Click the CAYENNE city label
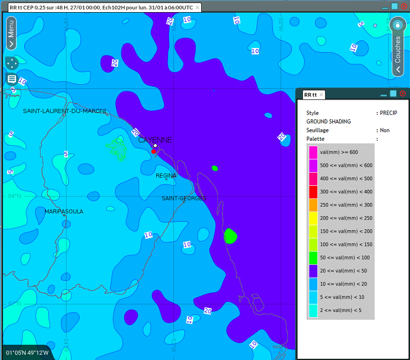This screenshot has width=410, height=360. point(155,140)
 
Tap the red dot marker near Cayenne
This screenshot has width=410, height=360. point(154,151)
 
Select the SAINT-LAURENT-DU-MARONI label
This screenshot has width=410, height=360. point(65,111)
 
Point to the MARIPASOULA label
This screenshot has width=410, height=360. point(64,212)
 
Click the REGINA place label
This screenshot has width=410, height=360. point(166,176)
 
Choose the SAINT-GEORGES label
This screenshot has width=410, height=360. point(184,198)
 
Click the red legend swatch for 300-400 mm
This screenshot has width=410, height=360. point(313,192)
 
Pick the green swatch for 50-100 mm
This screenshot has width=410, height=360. point(313,258)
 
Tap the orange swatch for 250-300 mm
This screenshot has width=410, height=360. point(313,205)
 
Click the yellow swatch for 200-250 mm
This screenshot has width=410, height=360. point(313,218)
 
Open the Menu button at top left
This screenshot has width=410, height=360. point(11,33)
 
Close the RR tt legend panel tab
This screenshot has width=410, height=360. point(321,94)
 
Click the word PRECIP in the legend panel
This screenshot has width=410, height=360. point(388,113)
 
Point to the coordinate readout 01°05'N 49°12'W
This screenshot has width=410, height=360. point(28,352)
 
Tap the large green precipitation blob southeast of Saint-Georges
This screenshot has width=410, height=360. point(230,236)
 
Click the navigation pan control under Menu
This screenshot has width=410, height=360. point(11,63)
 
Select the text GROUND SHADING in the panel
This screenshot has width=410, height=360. point(328,122)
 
